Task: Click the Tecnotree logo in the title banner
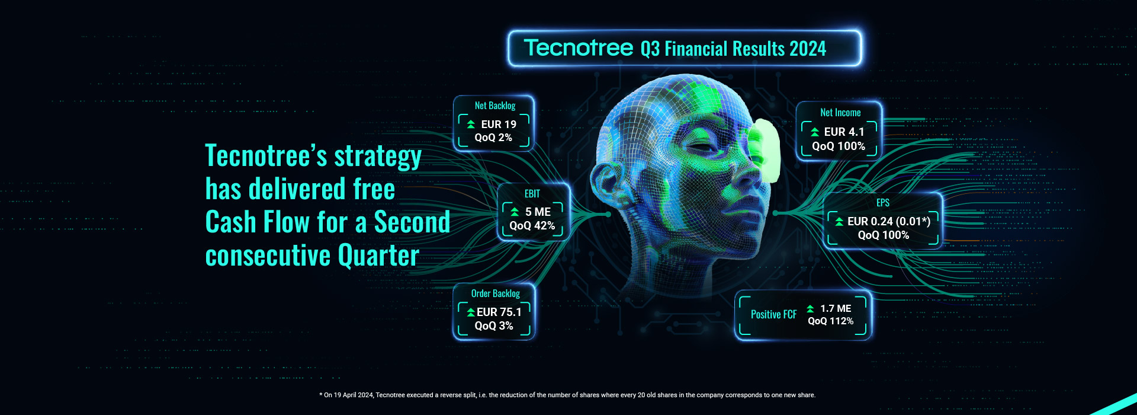(579, 47)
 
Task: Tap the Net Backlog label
(495, 106)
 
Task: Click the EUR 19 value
(499, 124)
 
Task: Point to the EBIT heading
(532, 194)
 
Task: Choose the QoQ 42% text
(532, 225)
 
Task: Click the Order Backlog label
(496, 293)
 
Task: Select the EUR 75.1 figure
(499, 312)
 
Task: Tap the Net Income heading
(840, 113)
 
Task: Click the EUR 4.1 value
(844, 132)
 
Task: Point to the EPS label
(883, 203)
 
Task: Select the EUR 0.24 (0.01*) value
(889, 221)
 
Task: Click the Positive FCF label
(774, 314)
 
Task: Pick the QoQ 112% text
(831, 321)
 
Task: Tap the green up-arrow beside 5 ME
(515, 212)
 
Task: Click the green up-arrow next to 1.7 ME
(810, 308)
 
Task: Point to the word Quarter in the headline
(378, 256)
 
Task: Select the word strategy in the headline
(378, 157)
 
